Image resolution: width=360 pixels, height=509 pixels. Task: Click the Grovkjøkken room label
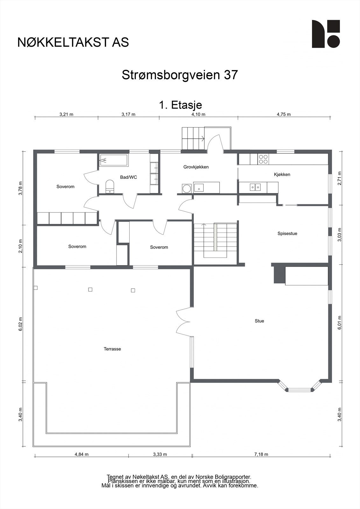tap(196, 167)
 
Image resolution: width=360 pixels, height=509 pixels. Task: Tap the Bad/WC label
tap(129, 177)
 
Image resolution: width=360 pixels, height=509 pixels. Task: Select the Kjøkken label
tap(282, 175)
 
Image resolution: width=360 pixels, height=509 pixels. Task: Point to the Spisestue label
tap(287, 234)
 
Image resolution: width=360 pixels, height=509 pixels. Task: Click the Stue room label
tap(259, 321)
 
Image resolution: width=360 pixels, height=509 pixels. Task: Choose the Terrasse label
tap(112, 349)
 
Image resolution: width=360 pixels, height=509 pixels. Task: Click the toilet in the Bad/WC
tap(110, 186)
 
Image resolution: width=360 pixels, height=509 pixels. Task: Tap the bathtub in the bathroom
tap(114, 160)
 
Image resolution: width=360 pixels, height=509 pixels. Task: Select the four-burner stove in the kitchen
tap(263, 159)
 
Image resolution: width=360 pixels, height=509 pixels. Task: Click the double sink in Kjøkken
tap(255, 187)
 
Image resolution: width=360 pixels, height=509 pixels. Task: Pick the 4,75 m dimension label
tap(284, 114)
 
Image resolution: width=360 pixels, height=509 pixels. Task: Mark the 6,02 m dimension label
tap(21, 324)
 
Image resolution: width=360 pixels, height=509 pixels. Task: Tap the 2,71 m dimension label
tap(340, 178)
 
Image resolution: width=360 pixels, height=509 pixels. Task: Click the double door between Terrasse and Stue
tap(183, 322)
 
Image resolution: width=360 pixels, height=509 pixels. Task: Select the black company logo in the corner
tap(326, 34)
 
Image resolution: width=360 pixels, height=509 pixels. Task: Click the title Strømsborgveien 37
tap(180, 75)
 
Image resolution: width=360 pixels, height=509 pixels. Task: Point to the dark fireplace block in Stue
tap(279, 275)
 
